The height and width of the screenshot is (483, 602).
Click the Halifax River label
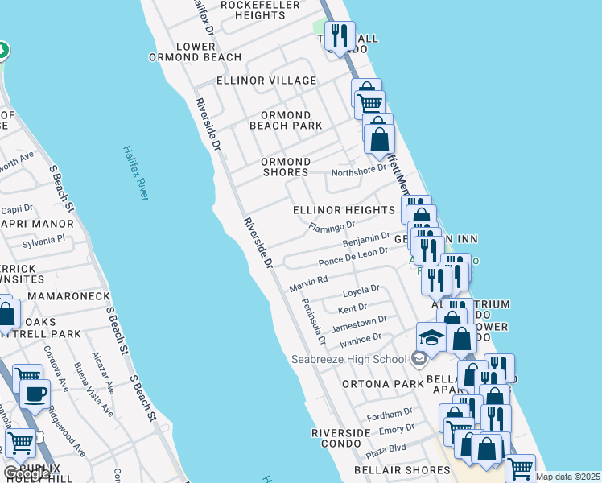[137, 172]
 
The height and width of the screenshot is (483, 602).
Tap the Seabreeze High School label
[348, 359]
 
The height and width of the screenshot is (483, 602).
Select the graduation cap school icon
[431, 337]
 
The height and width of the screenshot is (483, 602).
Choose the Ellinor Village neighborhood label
[266, 81]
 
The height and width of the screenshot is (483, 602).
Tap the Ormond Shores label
[285, 167]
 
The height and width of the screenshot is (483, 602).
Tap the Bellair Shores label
[402, 470]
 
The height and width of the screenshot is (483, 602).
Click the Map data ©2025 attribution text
[568, 477]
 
